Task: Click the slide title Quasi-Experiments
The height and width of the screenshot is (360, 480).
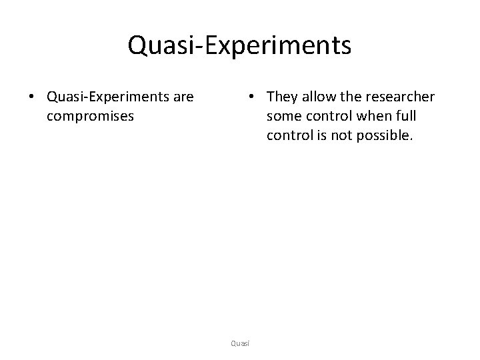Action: tap(239, 46)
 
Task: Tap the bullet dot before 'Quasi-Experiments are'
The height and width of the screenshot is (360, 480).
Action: tap(31, 97)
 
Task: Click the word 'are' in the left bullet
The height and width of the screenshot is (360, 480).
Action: tap(182, 97)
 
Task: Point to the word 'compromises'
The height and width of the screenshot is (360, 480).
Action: tap(91, 116)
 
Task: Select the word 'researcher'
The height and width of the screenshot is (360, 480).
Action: tap(404, 97)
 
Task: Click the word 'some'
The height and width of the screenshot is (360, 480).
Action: tap(284, 117)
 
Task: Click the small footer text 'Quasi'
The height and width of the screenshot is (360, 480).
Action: tap(239, 343)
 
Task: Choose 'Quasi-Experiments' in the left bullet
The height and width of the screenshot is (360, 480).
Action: tap(109, 97)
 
